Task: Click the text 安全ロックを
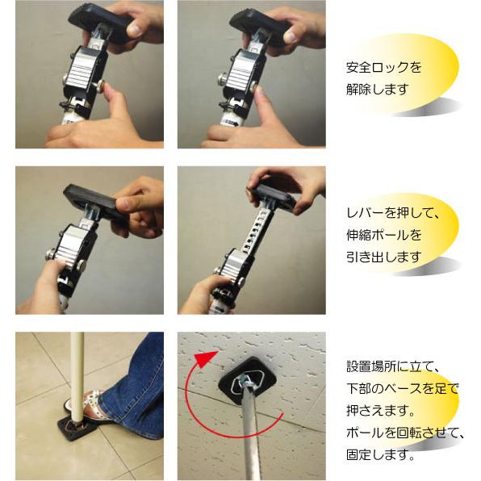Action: pyautogui.click(x=383, y=68)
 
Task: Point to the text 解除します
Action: pyautogui.click(x=376, y=88)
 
